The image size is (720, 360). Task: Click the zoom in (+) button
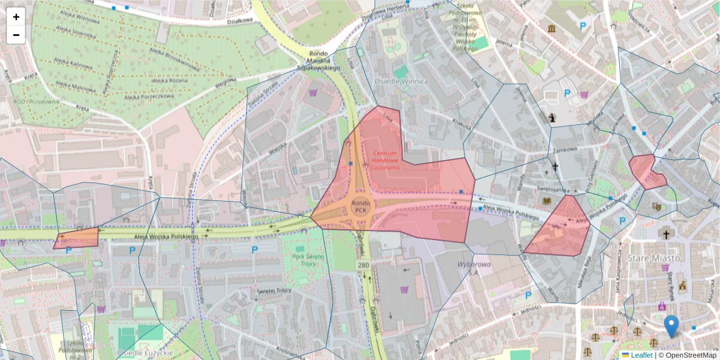click(16, 17)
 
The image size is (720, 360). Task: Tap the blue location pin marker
click(671, 326)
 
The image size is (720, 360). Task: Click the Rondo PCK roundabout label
click(360, 207)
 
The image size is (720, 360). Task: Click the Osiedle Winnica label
click(401, 81)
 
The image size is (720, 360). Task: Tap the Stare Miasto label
click(653, 258)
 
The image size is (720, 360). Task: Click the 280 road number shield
click(363, 265)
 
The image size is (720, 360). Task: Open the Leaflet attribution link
click(641, 355)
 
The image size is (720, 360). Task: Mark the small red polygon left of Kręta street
click(77, 238)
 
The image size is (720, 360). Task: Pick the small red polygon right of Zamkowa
click(646, 171)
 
